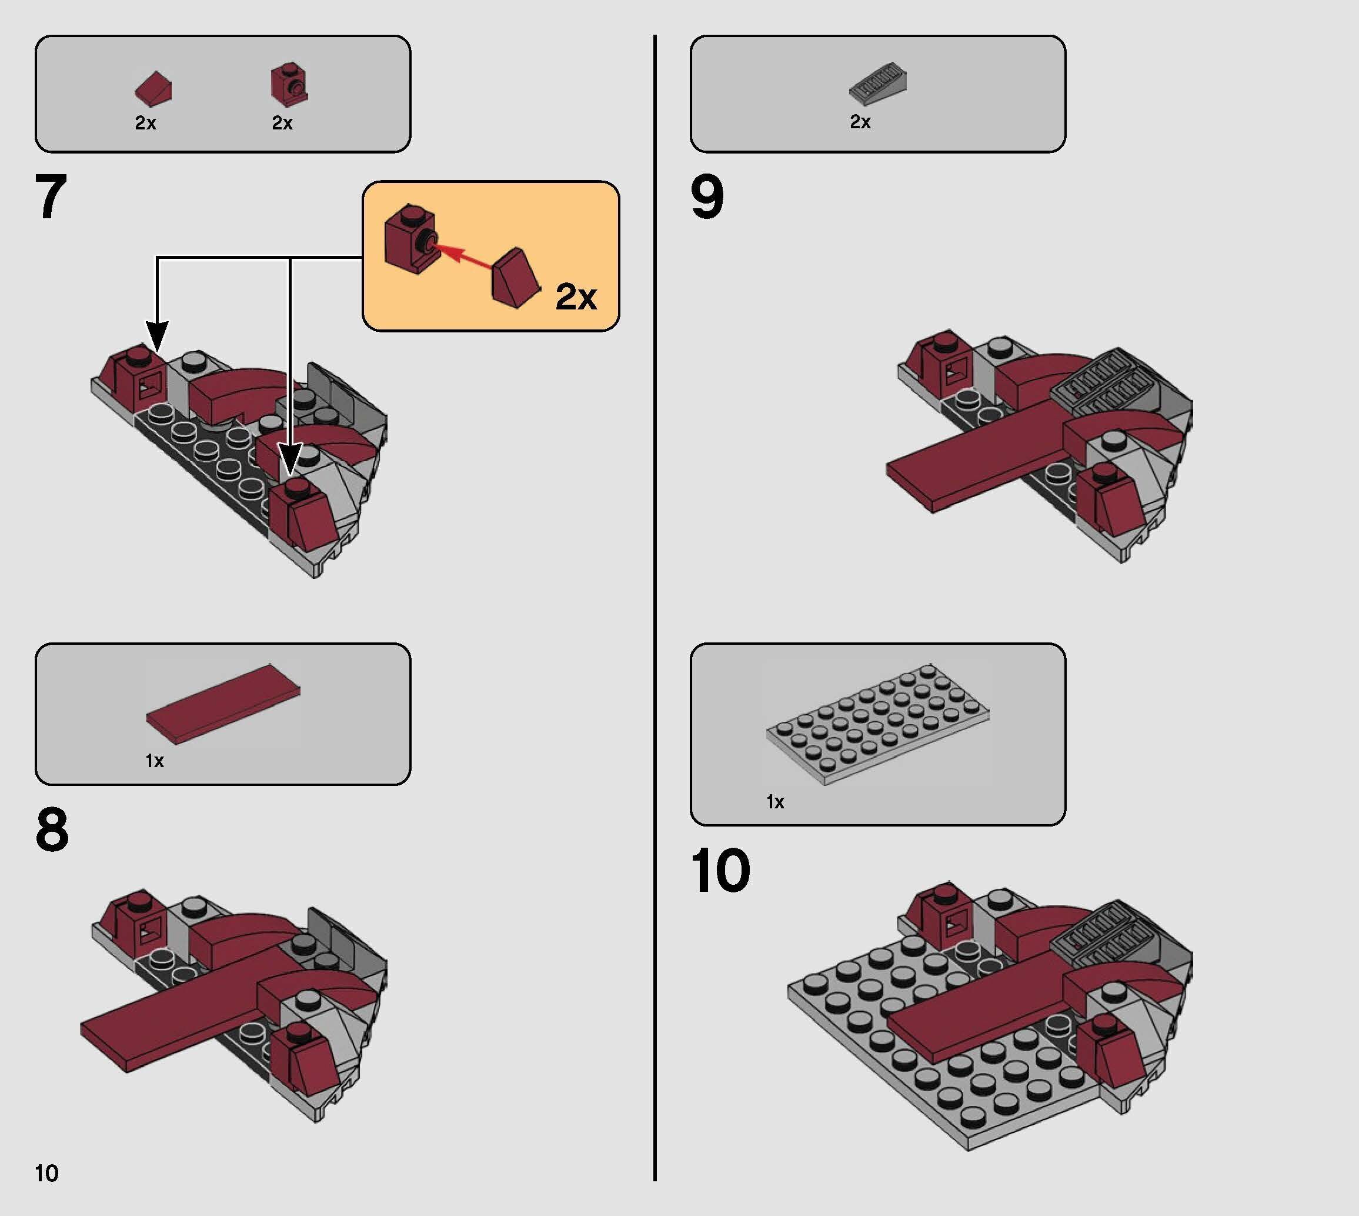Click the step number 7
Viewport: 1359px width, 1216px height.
51,197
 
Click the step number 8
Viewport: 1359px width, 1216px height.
52,830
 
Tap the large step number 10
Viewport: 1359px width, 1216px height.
720,871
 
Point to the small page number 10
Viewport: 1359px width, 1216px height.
46,1173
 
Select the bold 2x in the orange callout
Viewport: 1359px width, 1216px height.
576,296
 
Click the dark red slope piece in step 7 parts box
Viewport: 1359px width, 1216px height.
153,89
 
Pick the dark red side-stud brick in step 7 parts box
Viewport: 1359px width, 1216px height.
289,85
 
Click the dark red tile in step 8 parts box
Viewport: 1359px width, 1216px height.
223,704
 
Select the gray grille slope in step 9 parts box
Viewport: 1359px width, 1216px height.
878,84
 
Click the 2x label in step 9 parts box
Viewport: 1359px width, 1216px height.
860,122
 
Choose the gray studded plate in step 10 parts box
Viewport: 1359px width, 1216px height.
877,724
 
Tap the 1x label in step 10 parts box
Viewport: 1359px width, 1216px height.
774,802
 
